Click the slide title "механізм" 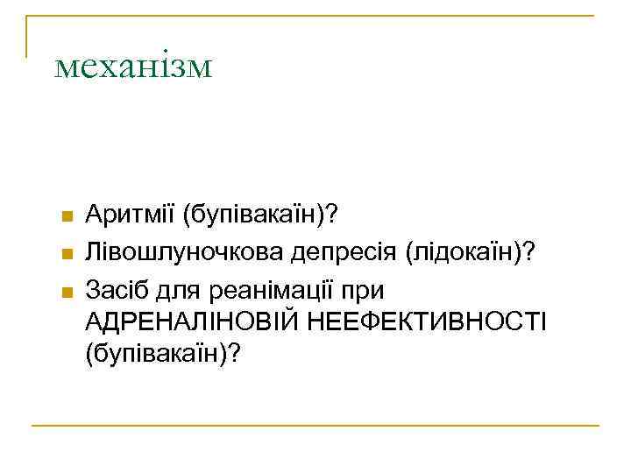pos(132,66)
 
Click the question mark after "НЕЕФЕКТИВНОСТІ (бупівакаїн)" pos(233,354)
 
